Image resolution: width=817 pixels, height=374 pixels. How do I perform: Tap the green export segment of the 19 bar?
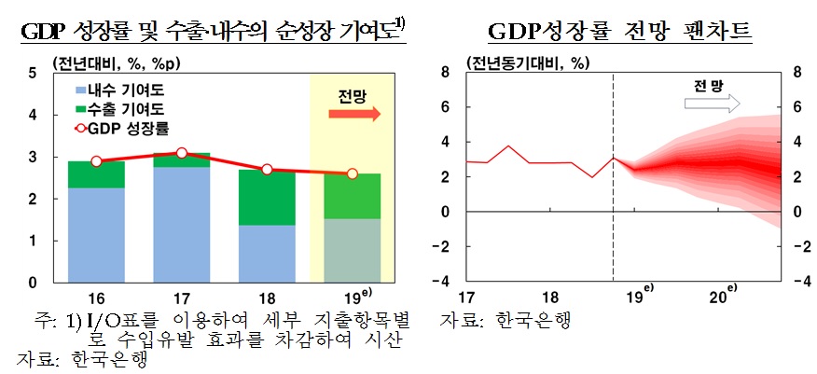click(352, 196)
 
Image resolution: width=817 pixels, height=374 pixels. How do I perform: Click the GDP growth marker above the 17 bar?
click(181, 153)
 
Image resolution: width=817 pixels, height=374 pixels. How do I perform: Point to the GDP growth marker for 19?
click(352, 173)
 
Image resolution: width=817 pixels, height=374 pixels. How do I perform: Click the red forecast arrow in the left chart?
click(353, 114)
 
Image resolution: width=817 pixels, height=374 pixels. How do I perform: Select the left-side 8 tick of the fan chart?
click(445, 72)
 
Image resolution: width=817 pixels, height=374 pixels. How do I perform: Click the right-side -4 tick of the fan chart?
click(797, 282)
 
